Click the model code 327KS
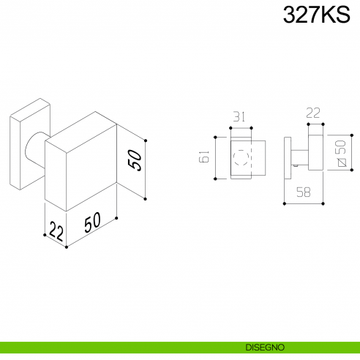tap(316, 15)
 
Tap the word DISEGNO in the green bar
tap(265, 348)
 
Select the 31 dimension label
tap(239, 116)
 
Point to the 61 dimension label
tap(204, 157)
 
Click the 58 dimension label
tap(304, 192)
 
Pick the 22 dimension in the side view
tap(313, 113)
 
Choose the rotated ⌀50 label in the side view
tap(341, 153)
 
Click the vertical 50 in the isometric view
tap(135, 160)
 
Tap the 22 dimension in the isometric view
tap(56, 230)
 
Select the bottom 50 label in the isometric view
tap(92, 222)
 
